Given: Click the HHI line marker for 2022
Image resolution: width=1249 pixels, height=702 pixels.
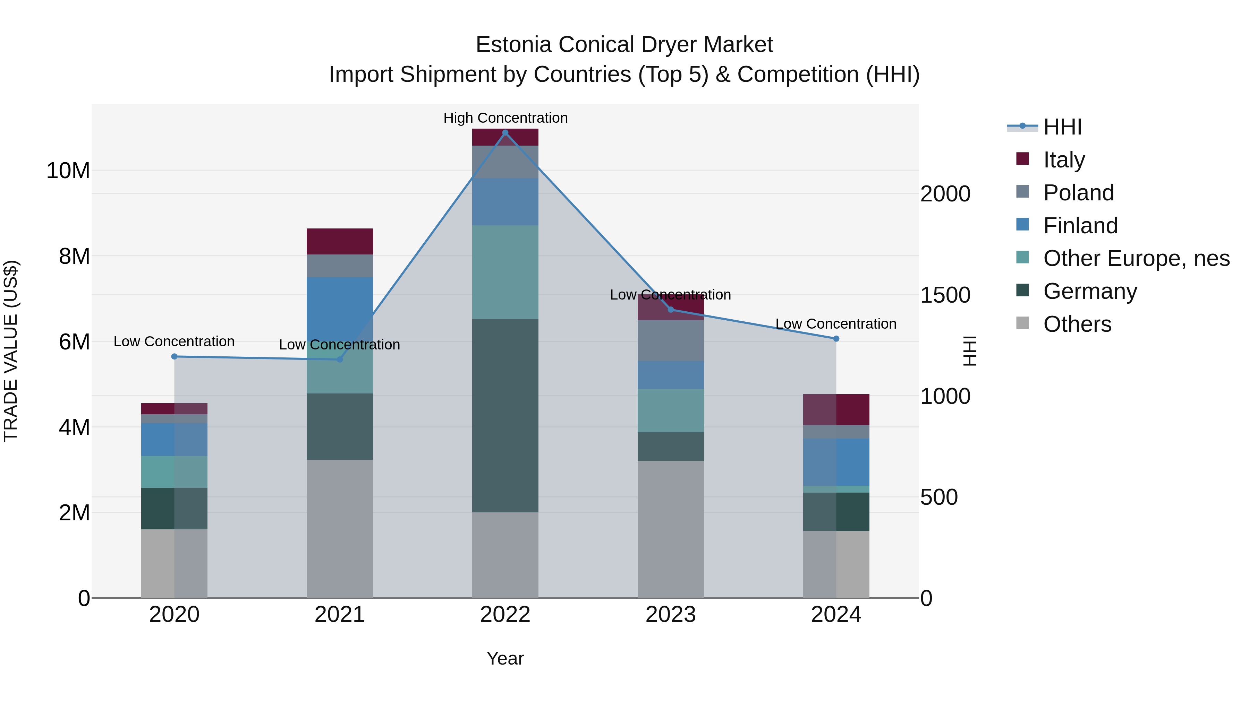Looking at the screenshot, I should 505,133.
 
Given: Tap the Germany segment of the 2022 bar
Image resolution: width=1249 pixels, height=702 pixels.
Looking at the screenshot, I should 505,415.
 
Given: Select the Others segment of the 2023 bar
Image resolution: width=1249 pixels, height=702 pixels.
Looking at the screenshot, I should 671,529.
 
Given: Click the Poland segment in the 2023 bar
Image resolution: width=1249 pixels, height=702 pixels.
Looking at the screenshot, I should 671,340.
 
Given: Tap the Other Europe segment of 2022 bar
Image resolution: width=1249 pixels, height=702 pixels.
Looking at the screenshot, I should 505,272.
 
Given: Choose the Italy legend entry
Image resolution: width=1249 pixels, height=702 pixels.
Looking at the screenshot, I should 1064,159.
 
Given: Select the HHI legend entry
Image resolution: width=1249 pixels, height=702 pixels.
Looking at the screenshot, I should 1062,127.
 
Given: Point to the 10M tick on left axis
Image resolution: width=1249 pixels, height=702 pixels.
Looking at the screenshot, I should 68,171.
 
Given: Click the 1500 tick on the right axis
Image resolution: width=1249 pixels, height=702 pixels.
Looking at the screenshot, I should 945,295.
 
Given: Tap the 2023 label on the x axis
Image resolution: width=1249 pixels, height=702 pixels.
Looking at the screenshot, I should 671,615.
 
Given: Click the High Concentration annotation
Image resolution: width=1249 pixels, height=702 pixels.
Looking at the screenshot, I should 505,118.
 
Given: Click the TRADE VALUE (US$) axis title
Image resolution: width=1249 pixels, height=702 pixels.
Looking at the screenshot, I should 11,351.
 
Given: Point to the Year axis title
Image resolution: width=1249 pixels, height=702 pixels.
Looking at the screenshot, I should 505,658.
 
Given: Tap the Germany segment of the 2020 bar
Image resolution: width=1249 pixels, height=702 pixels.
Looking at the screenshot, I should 174,508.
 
